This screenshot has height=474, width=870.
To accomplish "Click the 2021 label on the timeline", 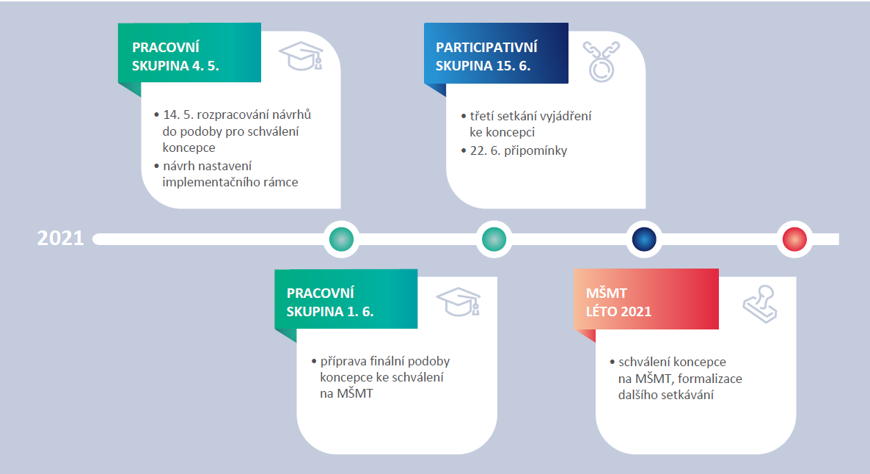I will [x=60, y=238].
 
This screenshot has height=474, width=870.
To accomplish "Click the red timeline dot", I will [x=794, y=238].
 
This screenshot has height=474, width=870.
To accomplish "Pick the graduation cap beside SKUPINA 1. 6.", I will [x=458, y=301].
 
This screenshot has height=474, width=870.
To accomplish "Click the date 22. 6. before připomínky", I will [x=478, y=151].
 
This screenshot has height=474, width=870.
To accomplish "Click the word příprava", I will [x=344, y=362].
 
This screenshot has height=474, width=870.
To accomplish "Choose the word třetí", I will [x=481, y=116].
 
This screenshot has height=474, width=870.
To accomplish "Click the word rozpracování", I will [x=235, y=115].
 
